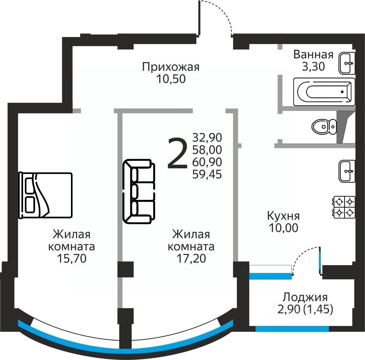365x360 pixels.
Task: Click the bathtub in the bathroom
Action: pos(324,92)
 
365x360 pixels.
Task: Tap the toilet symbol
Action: pos(324,127)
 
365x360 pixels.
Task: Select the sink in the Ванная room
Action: pos(347,63)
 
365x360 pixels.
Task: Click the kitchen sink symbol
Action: pos(347,171)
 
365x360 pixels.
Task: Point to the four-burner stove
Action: pos(344,207)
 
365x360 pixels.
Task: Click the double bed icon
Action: pos(45,195)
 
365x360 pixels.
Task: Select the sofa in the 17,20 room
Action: pos(139,191)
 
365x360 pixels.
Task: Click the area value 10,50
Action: pos(171,79)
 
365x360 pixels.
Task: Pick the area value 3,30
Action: pos(313,67)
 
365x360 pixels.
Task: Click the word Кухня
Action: pos(283,216)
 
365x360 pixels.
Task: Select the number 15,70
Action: pos(72,258)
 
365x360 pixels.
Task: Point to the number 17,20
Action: pos(191,258)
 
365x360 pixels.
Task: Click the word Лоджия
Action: pos(305,297)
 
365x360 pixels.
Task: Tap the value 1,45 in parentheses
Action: pos(318,309)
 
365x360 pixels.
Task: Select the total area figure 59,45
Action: pos(207,174)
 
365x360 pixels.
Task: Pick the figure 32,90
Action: pos(207,137)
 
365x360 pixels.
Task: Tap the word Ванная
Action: pos(313,55)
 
